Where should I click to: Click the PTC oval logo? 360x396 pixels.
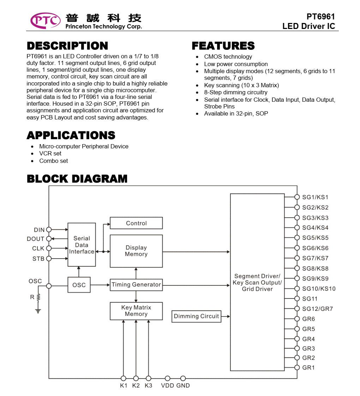(46, 20)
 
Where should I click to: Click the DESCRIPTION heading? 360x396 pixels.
(67, 46)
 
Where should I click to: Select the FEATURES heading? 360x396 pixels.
(223, 46)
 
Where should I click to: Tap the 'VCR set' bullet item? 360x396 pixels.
(50, 153)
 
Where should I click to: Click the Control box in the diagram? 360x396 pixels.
(136, 223)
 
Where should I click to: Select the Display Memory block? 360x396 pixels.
(136, 251)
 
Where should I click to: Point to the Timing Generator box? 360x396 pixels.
(136, 285)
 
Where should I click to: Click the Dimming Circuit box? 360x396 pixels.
(196, 317)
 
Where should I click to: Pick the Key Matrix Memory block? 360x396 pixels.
(136, 311)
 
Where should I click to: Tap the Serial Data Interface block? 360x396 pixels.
(82, 245)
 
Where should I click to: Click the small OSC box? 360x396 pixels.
(79, 285)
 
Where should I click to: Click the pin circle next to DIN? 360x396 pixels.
(49, 230)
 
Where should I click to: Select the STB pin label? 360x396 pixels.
(38, 259)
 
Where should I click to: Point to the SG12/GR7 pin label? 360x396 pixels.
(317, 309)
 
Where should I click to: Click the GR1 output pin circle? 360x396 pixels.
(297, 368)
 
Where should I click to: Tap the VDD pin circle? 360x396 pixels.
(168, 379)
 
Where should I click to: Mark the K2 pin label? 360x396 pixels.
(136, 386)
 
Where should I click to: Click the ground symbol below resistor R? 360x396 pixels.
(38, 311)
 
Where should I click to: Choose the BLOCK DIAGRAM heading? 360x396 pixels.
(77, 179)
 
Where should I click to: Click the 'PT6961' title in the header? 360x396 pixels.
(320, 17)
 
